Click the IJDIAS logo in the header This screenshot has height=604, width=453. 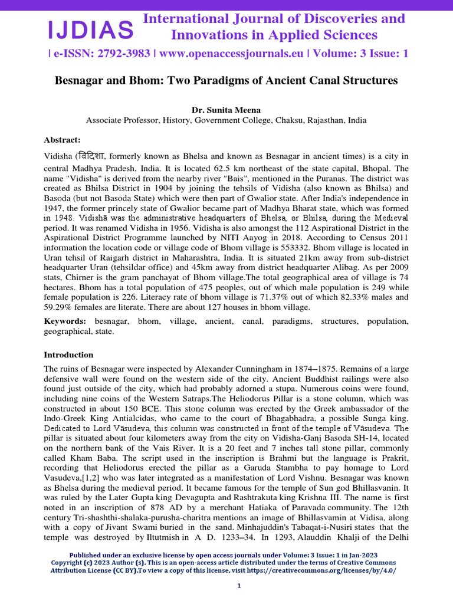(90, 28)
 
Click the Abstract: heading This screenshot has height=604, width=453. (62, 140)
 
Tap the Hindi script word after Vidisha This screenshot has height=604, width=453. (93, 156)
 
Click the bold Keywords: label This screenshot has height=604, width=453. (65, 321)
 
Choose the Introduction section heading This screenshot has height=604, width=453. (68, 355)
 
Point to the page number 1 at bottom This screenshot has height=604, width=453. (239, 585)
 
